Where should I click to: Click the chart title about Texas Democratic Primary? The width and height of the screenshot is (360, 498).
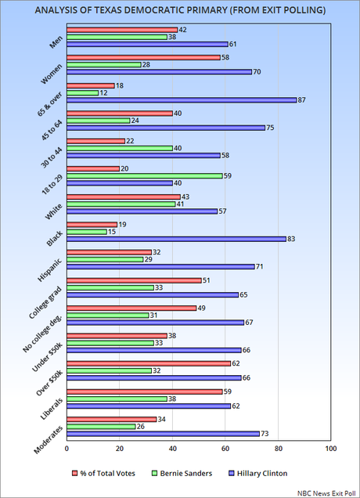pyautogui.click(x=180, y=12)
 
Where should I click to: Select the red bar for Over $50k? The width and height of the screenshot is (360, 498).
pyautogui.click(x=149, y=363)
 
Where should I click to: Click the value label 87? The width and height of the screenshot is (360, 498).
pyautogui.click(x=302, y=100)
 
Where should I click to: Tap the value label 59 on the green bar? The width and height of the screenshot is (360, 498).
pyautogui.click(x=229, y=175)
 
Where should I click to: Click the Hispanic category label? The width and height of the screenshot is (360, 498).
pyautogui.click(x=49, y=267)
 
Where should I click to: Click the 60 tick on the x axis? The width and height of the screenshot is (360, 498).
pyautogui.click(x=225, y=449)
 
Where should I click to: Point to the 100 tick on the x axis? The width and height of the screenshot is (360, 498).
pyautogui.click(x=330, y=449)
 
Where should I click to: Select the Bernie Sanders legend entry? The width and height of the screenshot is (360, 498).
pyautogui.click(x=201, y=472)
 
